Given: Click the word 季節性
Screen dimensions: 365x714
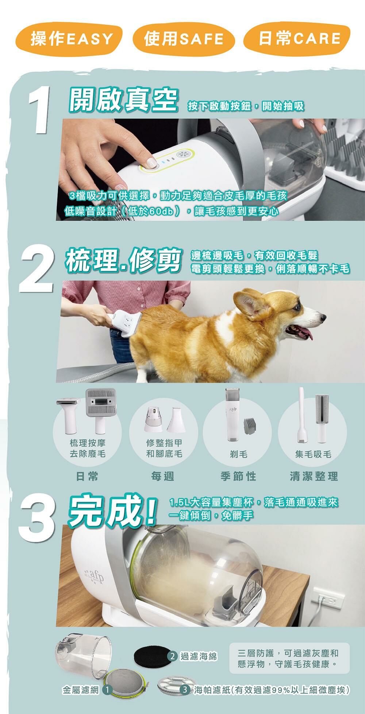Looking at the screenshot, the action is [x=238, y=476].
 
